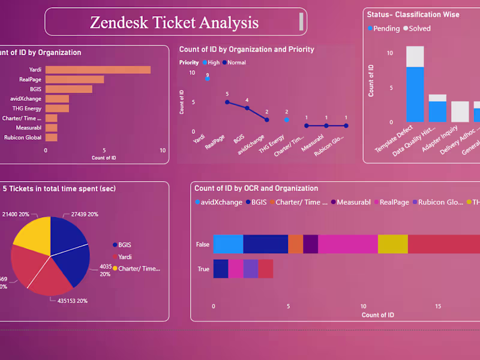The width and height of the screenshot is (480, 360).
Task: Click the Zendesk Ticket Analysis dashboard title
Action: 174,22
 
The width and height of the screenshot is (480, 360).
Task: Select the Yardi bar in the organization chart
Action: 98,70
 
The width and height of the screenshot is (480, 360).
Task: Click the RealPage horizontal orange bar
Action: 74,79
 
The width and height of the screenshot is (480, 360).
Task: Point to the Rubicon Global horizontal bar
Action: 52,137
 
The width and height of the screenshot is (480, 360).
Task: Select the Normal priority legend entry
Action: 236,62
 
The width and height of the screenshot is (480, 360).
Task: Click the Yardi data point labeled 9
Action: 207,78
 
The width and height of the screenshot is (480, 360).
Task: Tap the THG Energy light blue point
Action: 286,119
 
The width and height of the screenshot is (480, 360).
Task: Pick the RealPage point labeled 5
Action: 227,102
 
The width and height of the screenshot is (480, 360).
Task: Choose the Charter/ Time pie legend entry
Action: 139,268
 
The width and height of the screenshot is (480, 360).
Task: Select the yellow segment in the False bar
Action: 392,244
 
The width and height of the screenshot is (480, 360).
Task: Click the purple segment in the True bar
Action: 250,268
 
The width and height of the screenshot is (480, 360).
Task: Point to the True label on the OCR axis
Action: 203,269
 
